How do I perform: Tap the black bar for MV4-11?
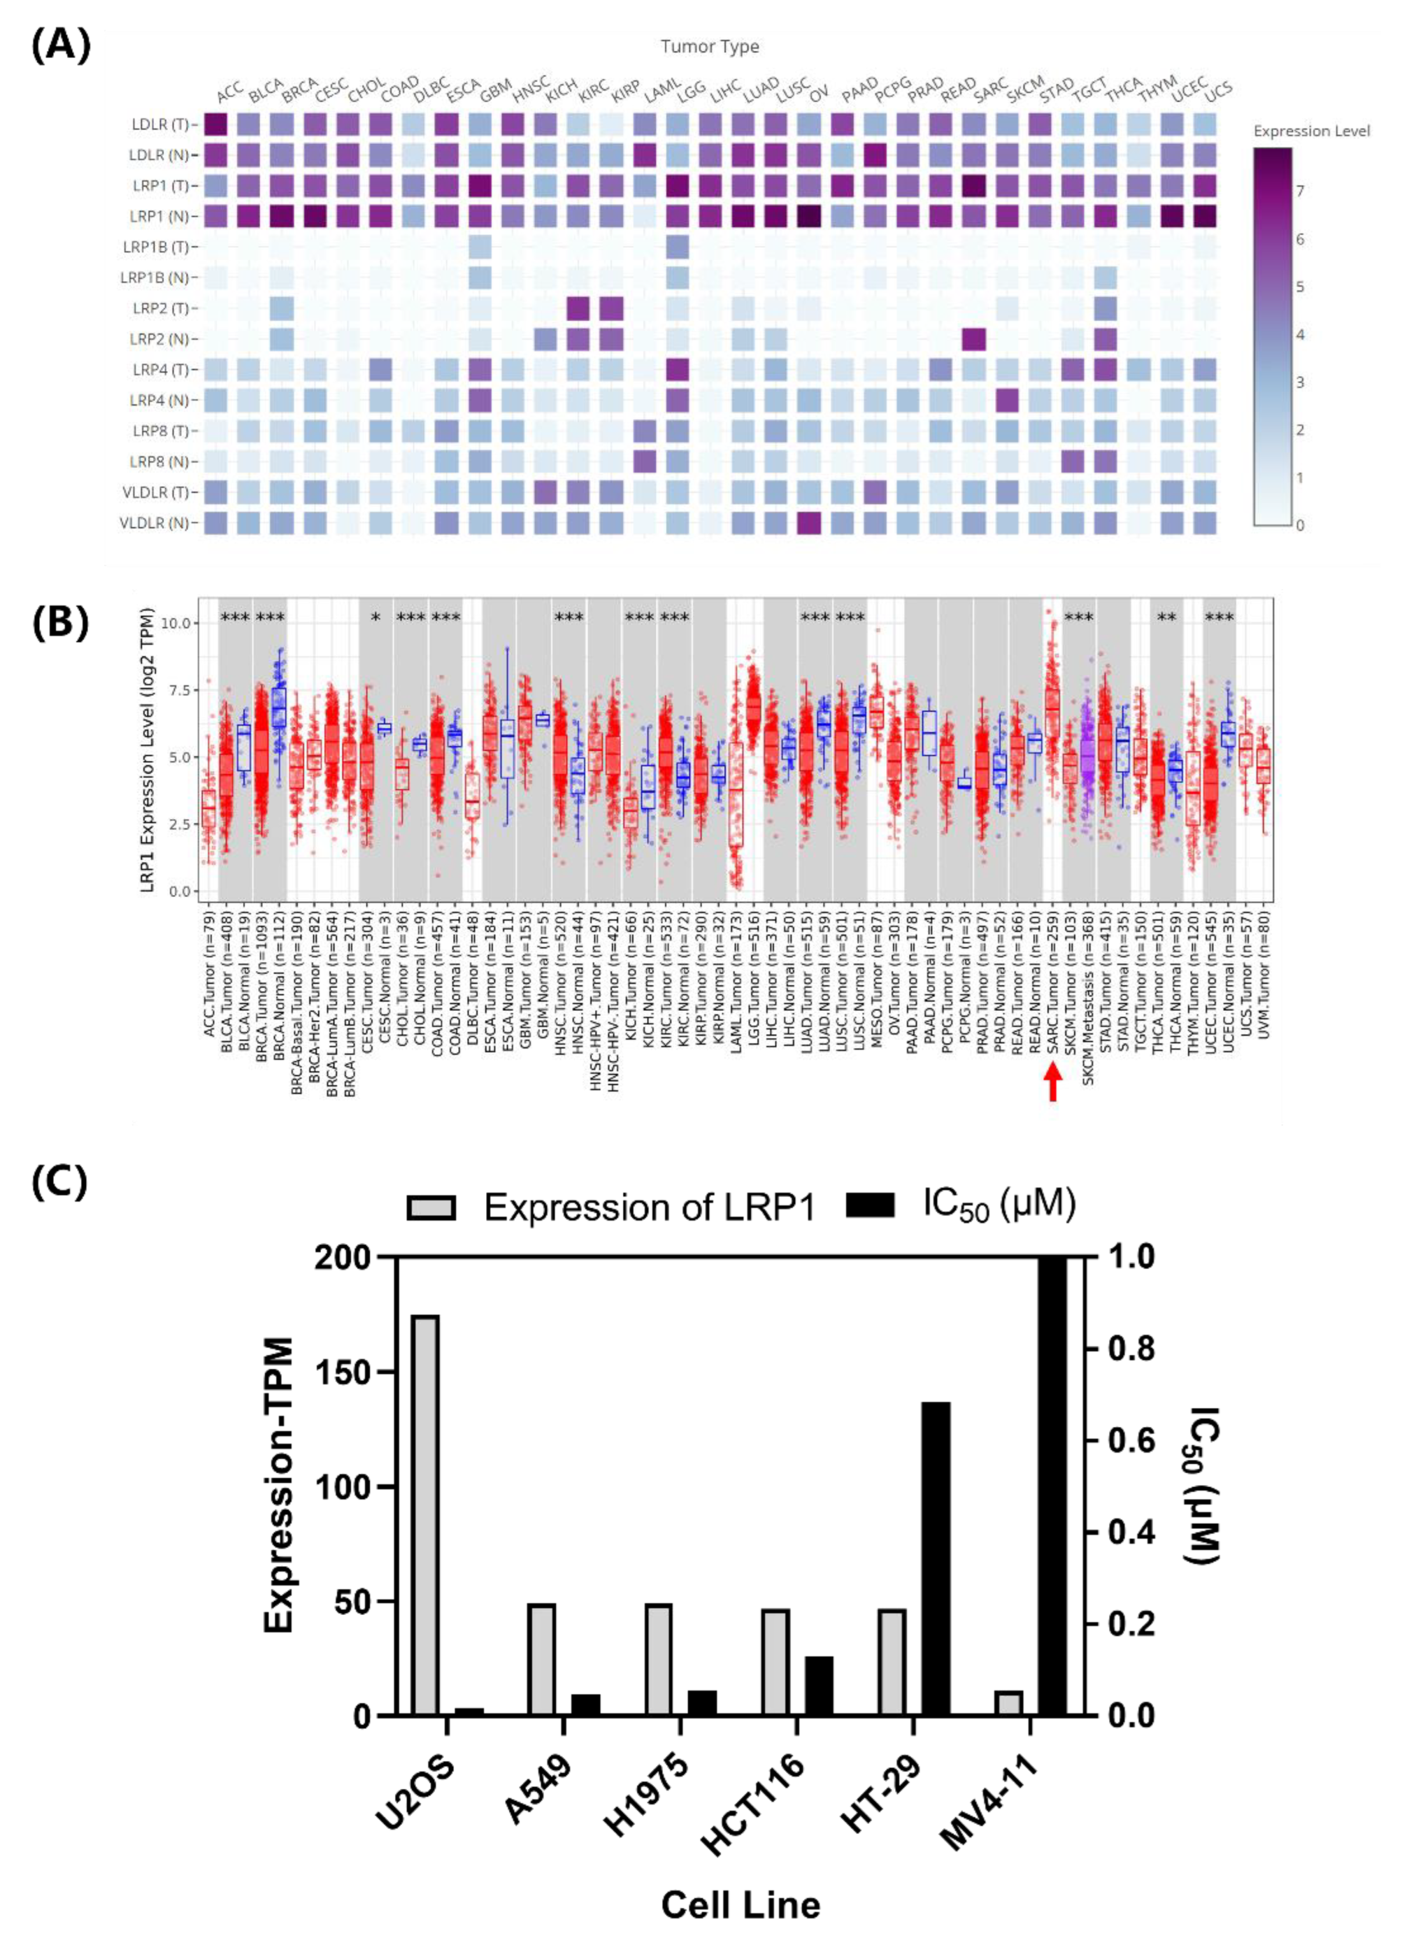click(1052, 1486)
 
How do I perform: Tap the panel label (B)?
click(60, 625)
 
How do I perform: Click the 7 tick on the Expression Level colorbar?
click(1299, 191)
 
